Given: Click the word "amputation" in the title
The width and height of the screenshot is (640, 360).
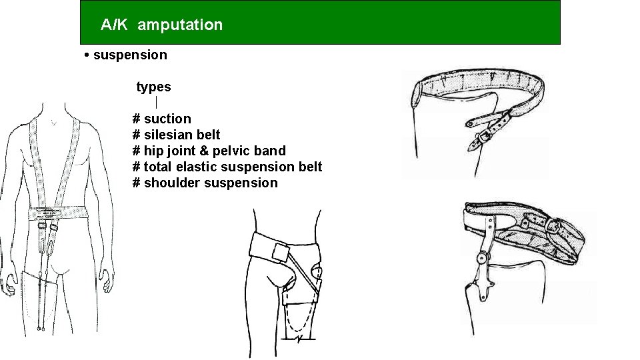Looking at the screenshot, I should (181, 25).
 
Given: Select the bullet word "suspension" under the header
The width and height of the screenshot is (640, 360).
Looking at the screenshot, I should (131, 55).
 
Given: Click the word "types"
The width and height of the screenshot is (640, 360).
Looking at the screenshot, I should (153, 87).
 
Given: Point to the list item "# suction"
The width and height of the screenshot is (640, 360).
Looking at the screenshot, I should (162, 119).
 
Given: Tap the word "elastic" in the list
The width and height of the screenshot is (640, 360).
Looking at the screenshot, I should (195, 167).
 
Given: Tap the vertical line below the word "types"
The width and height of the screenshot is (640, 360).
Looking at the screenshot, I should (156, 103).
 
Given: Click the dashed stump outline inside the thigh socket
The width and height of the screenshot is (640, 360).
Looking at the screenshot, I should (297, 320).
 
